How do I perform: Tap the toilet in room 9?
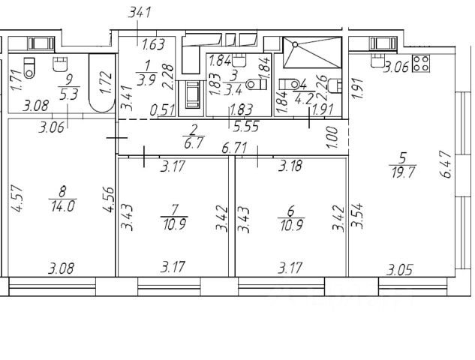point(30,67)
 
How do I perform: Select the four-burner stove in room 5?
point(421,64)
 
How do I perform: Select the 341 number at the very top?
point(140,11)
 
